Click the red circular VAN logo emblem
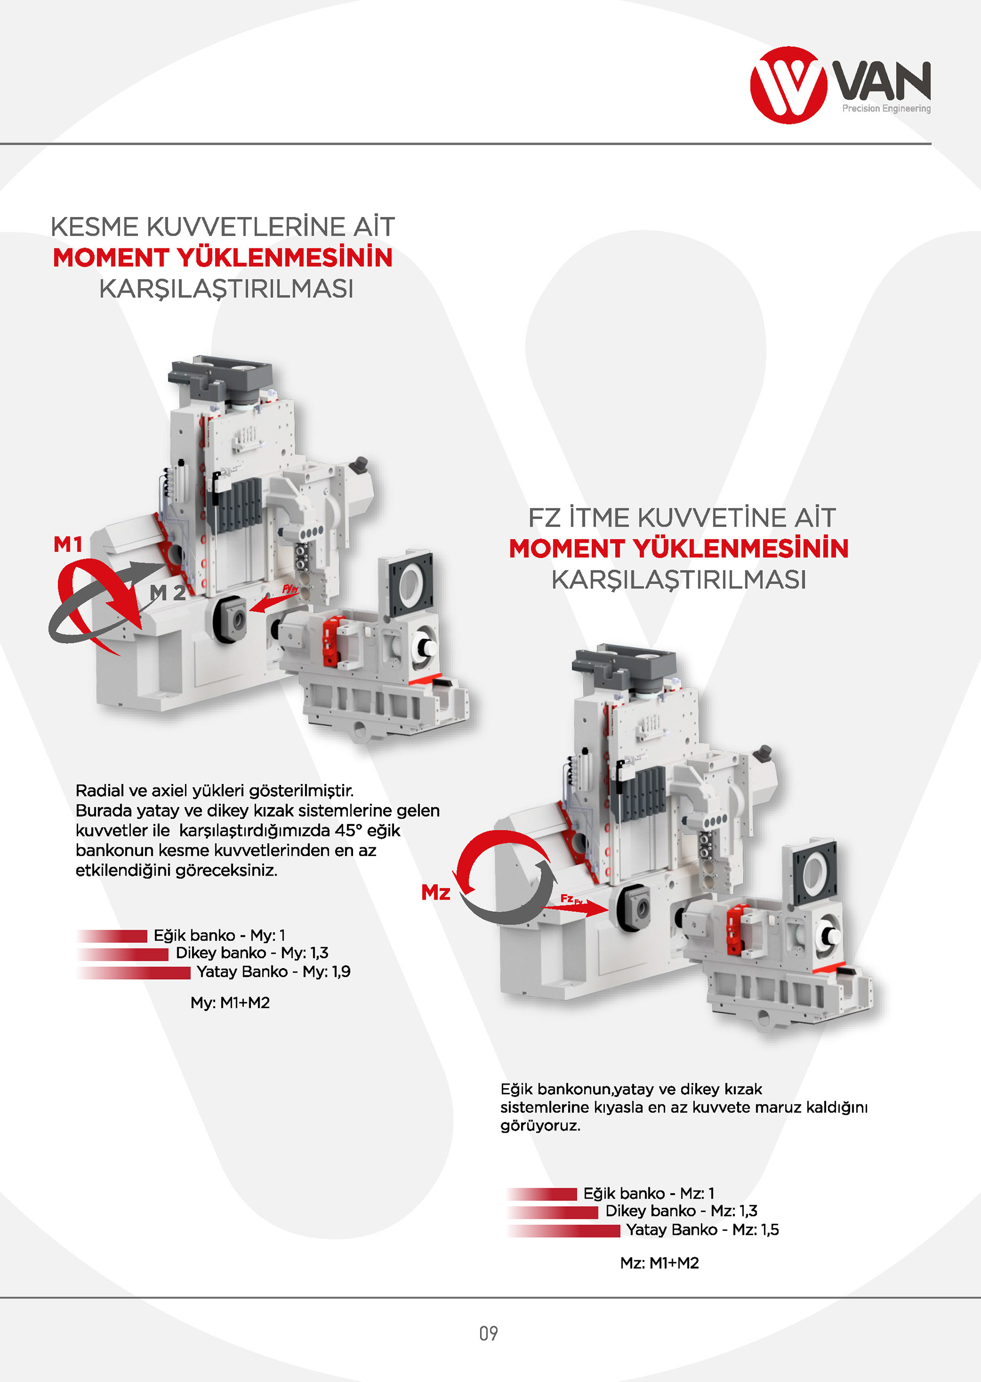[788, 85]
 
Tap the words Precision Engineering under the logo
[886, 109]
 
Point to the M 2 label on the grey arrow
[167, 593]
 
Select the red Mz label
[435, 892]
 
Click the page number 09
[488, 1333]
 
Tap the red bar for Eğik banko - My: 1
[112, 936]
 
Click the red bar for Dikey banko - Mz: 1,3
[553, 1212]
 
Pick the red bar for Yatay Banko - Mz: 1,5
[564, 1231]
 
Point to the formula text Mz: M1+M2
[660, 1263]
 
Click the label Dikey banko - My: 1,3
[252, 953]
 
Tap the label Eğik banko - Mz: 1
[649, 1193]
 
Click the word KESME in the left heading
[95, 227]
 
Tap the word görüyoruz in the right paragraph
[540, 1126]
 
